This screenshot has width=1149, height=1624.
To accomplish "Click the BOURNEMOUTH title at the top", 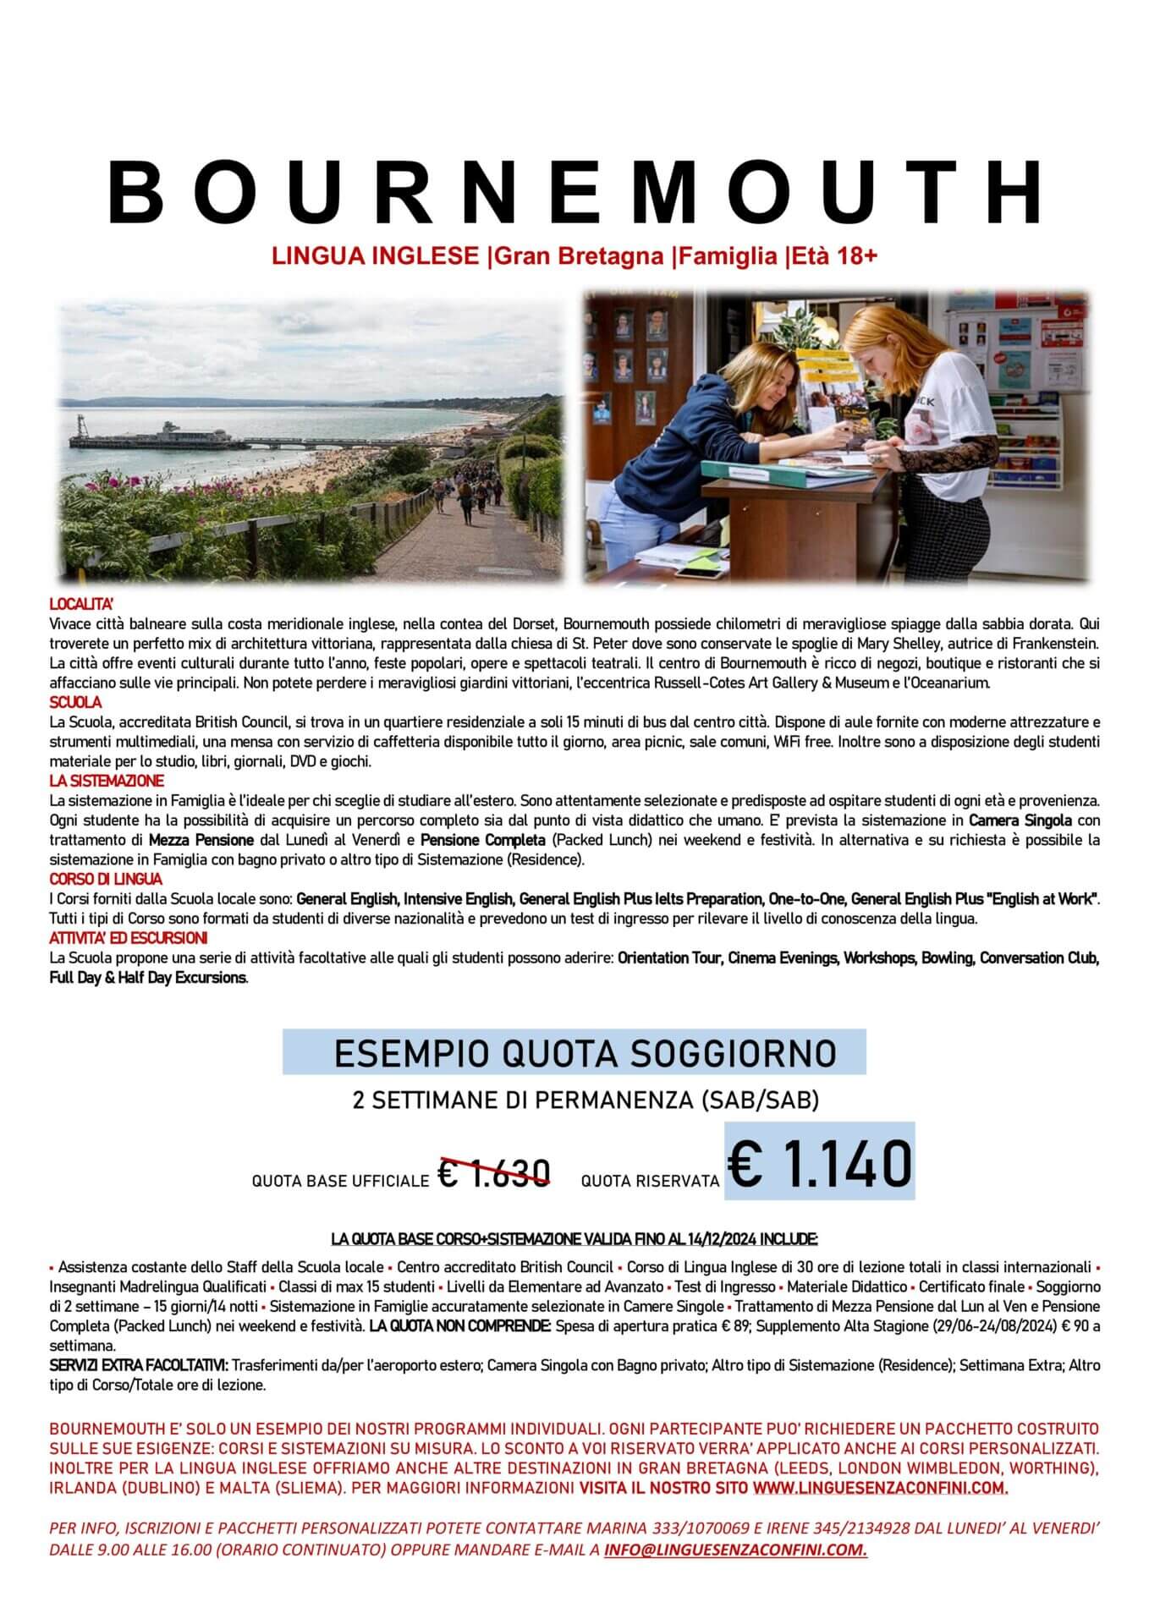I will coord(574,190).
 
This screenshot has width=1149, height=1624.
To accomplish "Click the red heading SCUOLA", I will coord(75,702).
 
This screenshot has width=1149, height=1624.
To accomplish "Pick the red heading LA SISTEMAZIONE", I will coord(107,781).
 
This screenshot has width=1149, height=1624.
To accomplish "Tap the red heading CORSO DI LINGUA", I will coord(106,880).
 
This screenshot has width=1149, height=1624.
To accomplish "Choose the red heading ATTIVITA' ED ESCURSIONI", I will coord(129,938).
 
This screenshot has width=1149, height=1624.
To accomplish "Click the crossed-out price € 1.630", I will coord(495,1172).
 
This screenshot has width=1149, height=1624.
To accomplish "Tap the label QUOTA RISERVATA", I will coord(649,1181).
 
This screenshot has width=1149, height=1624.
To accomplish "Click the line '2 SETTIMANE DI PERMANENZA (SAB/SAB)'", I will coord(585,1100).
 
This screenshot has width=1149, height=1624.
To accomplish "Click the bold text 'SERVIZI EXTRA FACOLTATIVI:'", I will coord(138,1365).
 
